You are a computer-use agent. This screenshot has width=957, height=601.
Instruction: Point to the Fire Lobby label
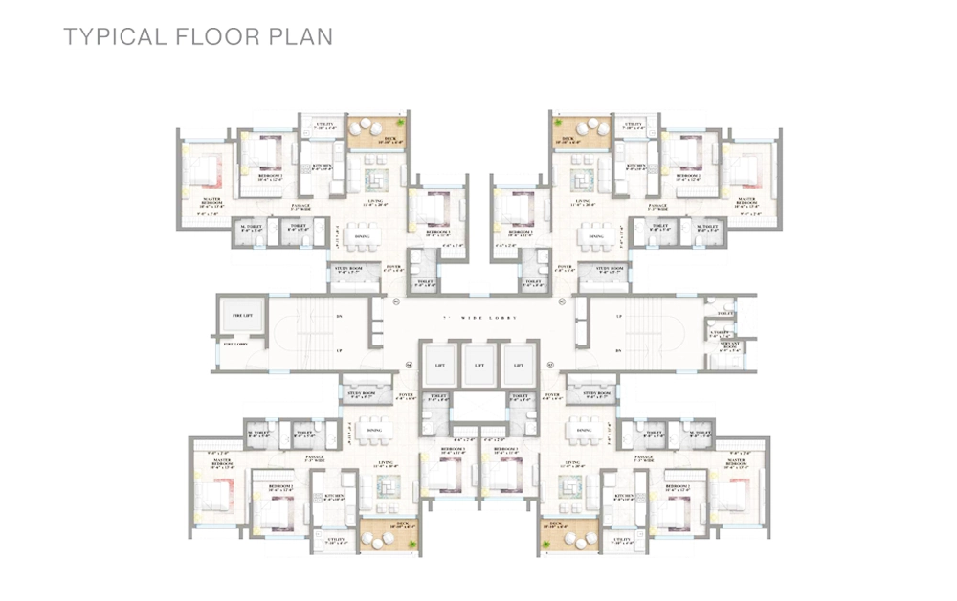234,344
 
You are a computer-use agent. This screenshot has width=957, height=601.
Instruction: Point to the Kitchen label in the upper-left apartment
321,167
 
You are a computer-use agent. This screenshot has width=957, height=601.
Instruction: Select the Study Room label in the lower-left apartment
360,393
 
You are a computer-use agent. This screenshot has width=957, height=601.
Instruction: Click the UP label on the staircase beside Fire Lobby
339,351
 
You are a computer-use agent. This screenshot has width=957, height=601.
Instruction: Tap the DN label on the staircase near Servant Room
618,351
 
